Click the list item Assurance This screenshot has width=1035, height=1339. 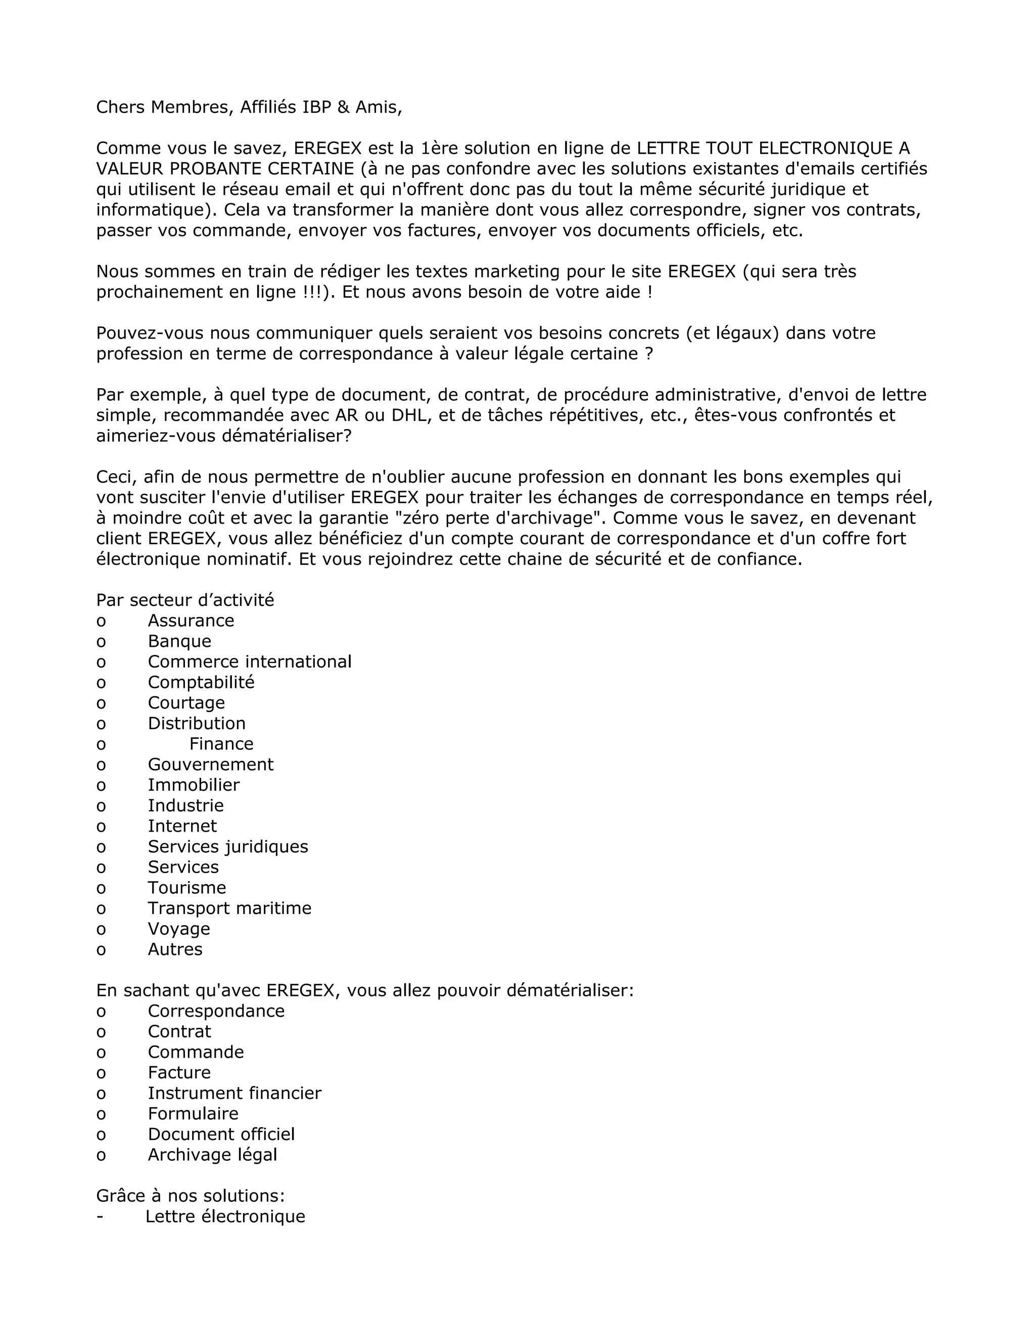tap(191, 620)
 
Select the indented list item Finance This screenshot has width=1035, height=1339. tap(221, 744)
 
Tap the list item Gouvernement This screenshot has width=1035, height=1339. tap(210, 764)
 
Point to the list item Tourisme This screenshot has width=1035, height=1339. tap(186, 888)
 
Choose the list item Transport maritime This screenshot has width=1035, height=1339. tap(229, 908)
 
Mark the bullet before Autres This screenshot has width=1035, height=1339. tap(101, 950)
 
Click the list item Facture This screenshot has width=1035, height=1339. tap(179, 1072)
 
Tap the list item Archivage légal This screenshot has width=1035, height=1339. tap(212, 1155)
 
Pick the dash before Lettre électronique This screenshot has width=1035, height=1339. tap(100, 1217)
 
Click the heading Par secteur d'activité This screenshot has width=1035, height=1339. tap(184, 600)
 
